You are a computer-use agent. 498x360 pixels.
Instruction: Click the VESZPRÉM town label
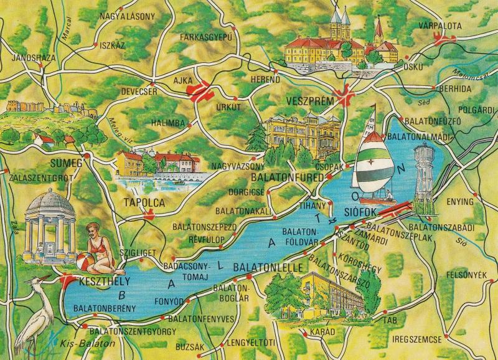[x=308, y=101]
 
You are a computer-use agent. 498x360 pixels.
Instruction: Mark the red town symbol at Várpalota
[x=446, y=39]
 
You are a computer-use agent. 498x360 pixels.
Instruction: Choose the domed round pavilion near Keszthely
[x=49, y=224]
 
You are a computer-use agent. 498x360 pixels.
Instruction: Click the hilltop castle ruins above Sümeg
[x=50, y=111]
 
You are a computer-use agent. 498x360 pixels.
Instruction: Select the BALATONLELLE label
[x=268, y=267]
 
